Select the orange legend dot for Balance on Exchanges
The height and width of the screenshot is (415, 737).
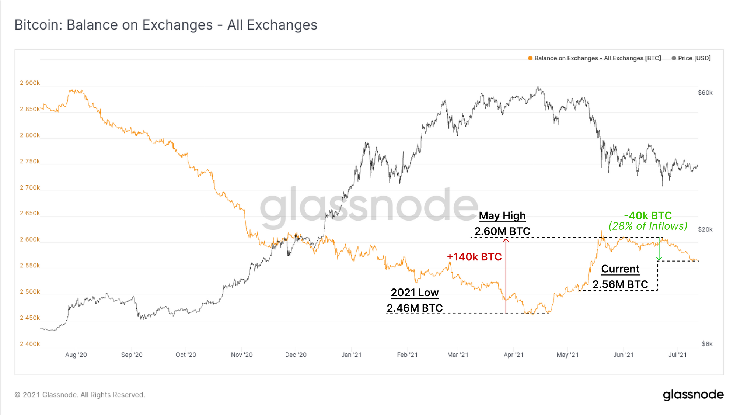(530, 58)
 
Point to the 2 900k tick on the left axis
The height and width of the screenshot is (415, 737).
(30, 83)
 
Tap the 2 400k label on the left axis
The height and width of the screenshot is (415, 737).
(30, 344)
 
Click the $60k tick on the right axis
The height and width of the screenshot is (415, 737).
(705, 93)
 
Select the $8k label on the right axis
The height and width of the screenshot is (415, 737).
(707, 344)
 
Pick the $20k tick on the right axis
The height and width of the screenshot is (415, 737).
(705, 229)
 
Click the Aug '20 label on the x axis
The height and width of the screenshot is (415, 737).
(76, 355)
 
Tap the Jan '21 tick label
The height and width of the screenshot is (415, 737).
(352, 355)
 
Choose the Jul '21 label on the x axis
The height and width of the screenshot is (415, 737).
(678, 355)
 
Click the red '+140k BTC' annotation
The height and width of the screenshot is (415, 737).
(474, 257)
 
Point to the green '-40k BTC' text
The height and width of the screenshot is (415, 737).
(648, 215)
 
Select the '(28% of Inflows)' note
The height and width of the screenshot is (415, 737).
(648, 226)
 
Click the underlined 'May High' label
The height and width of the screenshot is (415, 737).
(502, 216)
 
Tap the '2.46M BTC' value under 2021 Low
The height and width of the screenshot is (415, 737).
(415, 308)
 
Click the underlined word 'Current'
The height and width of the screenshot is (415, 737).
(620, 269)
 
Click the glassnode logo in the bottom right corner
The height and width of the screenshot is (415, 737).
(693, 395)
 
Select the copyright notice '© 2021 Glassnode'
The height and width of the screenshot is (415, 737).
(80, 395)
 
